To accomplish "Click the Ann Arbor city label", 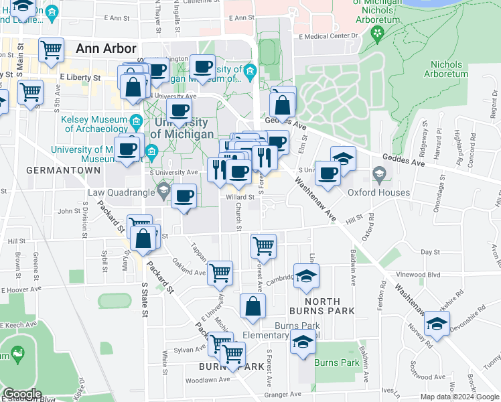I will tap(106, 48).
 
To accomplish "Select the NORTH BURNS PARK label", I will tap(324, 306).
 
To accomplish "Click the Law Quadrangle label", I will tap(121, 193).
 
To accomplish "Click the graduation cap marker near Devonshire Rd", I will tap(437, 324).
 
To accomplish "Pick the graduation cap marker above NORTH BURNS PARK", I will tap(306, 275).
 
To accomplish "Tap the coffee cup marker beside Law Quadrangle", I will tap(184, 196).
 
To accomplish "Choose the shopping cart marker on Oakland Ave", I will tap(220, 272).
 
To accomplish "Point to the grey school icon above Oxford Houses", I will tap(379, 176).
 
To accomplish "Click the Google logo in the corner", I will tap(22, 395).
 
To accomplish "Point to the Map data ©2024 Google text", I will tap(459, 397).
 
